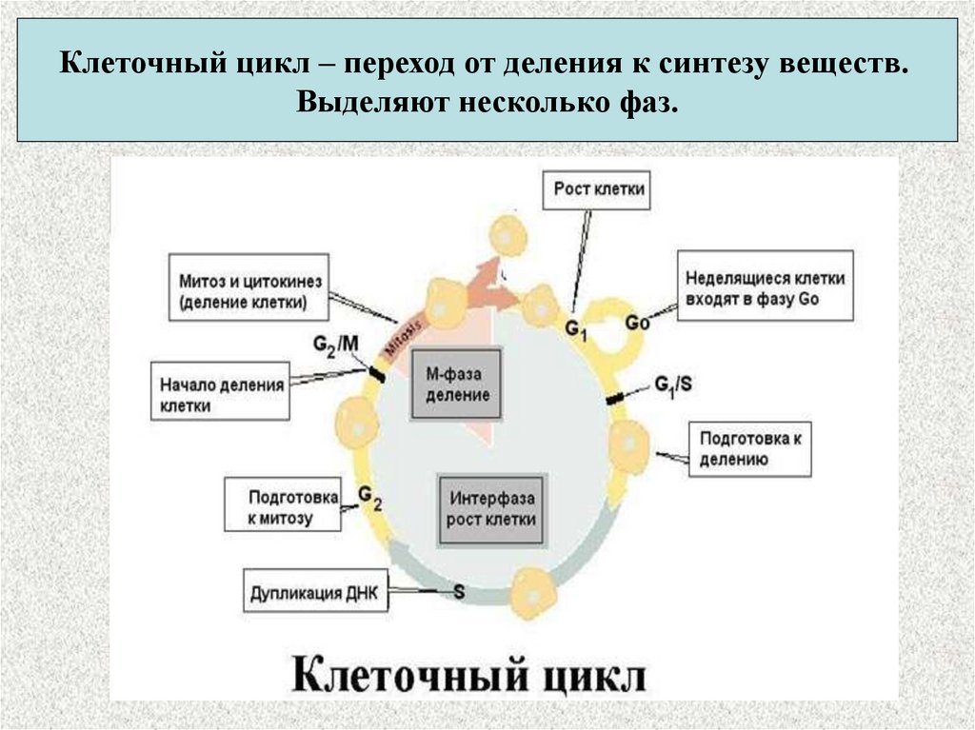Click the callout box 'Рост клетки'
[599, 189]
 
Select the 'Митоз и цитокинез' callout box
[248, 292]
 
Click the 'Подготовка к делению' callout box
[749, 449]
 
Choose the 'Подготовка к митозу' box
[282, 504]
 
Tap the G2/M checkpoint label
[336, 344]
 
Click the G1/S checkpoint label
[673, 385]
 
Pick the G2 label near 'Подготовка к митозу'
[369, 495]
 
